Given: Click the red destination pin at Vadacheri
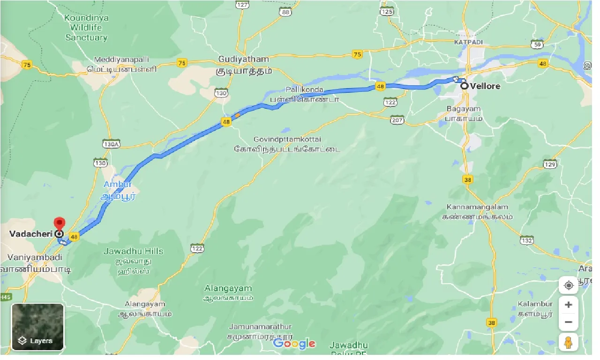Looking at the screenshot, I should point(59,223).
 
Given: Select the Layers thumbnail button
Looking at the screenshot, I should point(37,327).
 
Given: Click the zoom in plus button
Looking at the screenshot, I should point(568,305).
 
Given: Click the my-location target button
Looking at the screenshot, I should point(568,285).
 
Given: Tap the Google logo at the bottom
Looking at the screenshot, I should point(294,344).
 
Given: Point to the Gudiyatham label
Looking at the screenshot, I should point(244,60).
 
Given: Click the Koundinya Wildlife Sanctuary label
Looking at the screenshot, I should point(86,28).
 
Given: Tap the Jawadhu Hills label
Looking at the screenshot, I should point(133,251).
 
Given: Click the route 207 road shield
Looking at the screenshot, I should point(397,120).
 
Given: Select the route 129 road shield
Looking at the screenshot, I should point(550,164).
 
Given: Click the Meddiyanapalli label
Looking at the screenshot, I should point(121,60).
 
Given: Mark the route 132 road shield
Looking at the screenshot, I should point(526,240).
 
